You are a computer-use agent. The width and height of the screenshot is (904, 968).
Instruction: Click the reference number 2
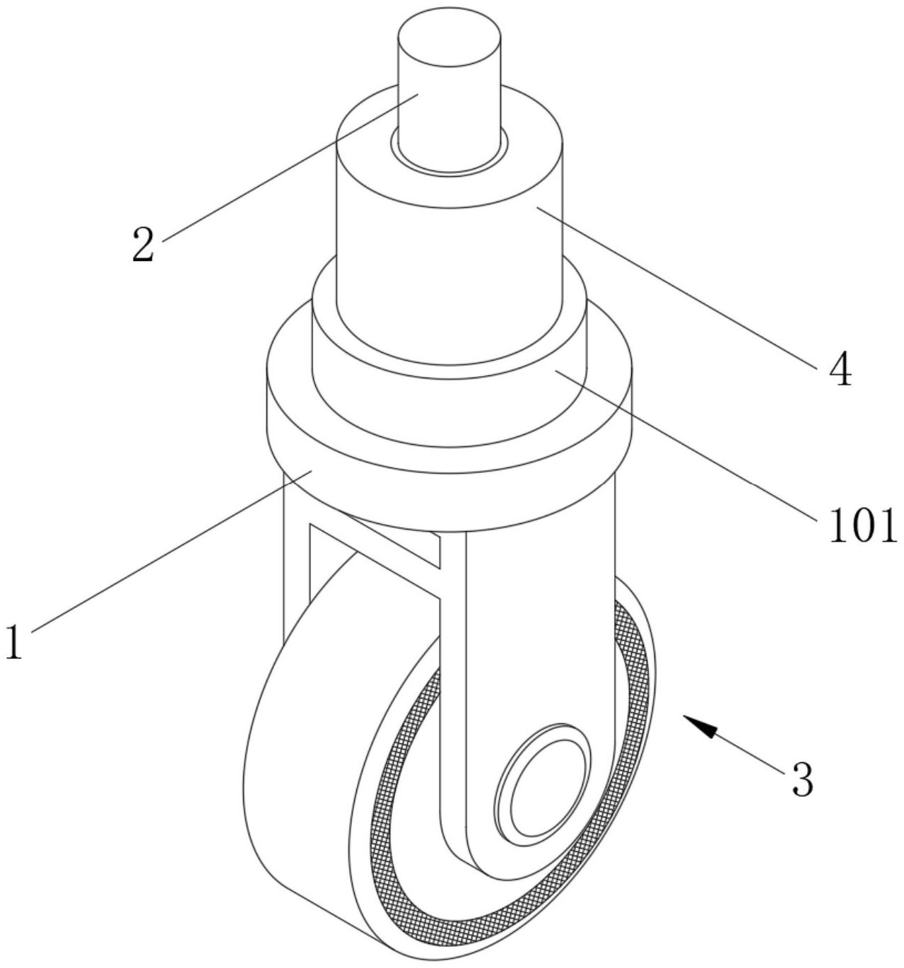pos(143,245)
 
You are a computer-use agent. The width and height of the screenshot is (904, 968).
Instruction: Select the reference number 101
pos(862,525)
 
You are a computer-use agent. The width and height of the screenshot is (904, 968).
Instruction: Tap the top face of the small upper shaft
pos(450,37)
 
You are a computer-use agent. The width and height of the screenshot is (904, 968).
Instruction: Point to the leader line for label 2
pos(291,167)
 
